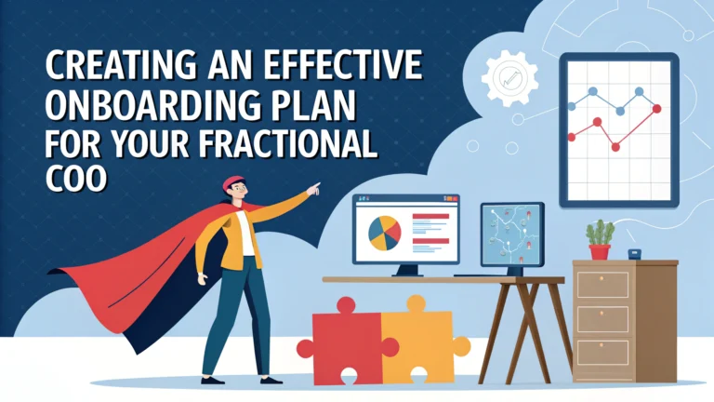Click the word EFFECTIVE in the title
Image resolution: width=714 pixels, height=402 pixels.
click(x=343, y=65)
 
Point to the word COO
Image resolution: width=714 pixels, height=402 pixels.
click(x=75, y=178)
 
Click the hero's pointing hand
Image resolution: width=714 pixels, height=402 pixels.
click(x=313, y=189)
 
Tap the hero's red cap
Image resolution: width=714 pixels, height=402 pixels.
click(x=232, y=181)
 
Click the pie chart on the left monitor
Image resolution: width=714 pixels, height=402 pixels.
click(x=384, y=234)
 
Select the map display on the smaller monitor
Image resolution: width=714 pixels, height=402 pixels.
click(x=512, y=234)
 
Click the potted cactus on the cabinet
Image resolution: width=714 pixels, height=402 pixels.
click(x=600, y=240)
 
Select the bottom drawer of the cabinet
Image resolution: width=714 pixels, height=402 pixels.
click(x=602, y=352)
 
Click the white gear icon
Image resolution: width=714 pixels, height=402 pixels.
click(x=509, y=78)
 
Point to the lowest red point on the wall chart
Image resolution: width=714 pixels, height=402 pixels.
click(x=615, y=147)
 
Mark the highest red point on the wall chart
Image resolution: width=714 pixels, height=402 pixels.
click(x=656, y=109)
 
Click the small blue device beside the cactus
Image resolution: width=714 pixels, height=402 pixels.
click(x=634, y=254)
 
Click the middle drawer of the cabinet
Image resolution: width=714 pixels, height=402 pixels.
click(x=602, y=318)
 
